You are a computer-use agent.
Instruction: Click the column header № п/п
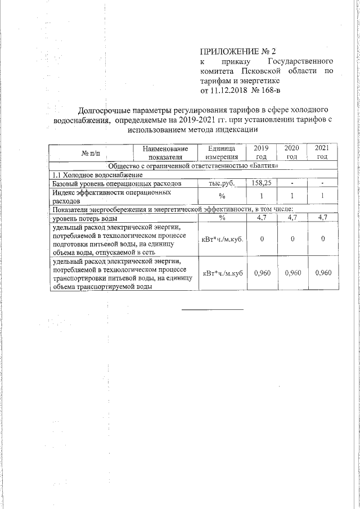coord(90,152)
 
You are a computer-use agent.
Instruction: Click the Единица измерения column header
coord(222,152)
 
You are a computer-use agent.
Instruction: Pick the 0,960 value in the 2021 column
coord(322,273)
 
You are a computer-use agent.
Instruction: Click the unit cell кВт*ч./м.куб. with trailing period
coord(222,239)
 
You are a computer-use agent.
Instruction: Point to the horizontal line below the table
coord(212,309)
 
